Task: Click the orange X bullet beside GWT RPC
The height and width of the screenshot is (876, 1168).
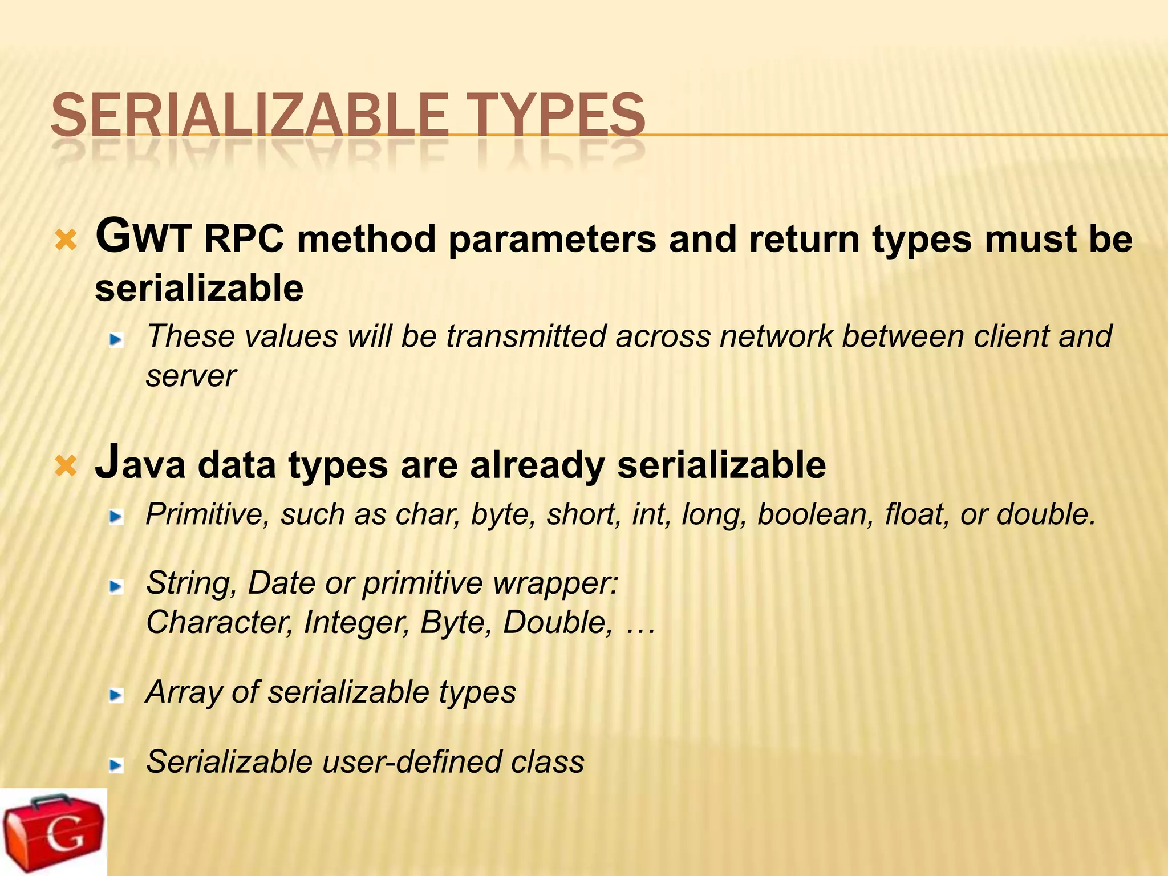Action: point(66,241)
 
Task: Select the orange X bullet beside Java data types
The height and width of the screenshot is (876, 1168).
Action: point(66,466)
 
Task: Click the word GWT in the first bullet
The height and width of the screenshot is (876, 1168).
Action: point(143,237)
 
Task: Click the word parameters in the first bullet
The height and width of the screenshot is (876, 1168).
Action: point(552,240)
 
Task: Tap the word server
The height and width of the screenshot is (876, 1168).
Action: point(191,376)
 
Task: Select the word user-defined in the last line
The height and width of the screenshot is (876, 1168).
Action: point(411,762)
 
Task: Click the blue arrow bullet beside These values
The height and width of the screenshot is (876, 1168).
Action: point(116,340)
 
